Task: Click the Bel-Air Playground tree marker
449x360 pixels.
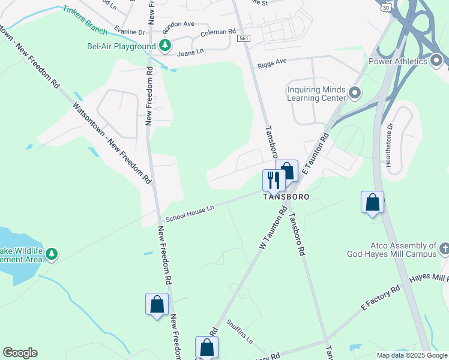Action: (x=164, y=46)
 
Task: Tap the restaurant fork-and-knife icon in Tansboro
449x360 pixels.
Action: (x=273, y=179)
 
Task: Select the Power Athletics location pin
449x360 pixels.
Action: (x=436, y=61)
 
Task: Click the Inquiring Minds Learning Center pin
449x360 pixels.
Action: (x=354, y=94)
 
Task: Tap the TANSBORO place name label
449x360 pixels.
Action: (x=286, y=197)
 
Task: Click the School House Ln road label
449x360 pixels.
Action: (x=190, y=212)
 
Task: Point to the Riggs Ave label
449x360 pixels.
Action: (x=273, y=62)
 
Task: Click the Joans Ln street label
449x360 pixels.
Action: (x=191, y=53)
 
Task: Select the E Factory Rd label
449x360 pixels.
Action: (x=380, y=298)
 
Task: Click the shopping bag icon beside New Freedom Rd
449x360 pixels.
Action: (x=157, y=304)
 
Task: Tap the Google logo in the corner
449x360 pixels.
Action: (x=20, y=353)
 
